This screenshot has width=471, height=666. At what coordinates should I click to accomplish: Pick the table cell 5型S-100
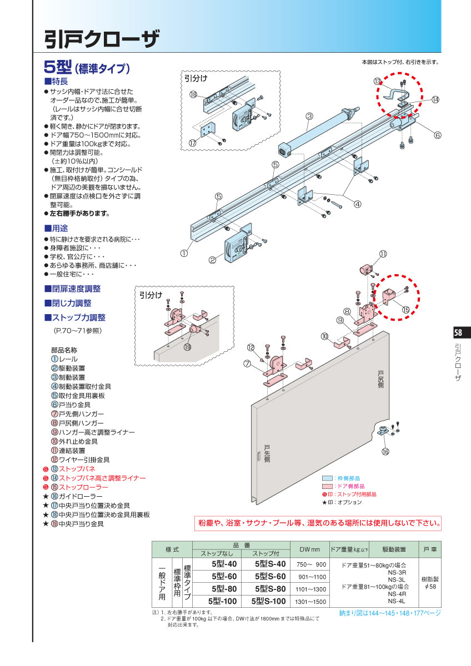269,601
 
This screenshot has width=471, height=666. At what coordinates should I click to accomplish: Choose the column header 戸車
430,549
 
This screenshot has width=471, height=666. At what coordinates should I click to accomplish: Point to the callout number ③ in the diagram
309,116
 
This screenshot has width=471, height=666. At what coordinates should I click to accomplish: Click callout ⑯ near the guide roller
385,452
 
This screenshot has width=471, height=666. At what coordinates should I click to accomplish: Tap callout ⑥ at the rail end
437,135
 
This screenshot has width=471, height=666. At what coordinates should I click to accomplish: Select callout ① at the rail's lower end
183,253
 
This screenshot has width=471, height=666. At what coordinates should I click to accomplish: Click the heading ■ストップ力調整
75,318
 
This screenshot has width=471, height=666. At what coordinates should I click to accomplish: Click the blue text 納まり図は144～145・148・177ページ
390,613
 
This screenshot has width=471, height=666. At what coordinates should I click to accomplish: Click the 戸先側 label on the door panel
267,453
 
